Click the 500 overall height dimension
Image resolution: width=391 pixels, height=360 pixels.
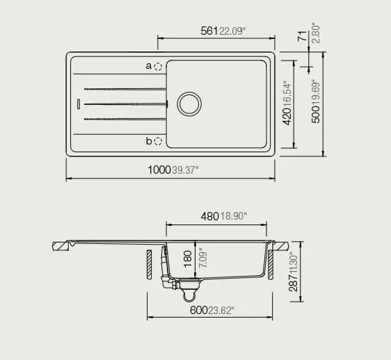coord(316,122)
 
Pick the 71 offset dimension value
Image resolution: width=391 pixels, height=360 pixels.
coord(303,38)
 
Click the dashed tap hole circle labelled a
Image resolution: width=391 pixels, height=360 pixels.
coord(159,67)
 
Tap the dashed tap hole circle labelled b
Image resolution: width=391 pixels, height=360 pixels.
coord(159,141)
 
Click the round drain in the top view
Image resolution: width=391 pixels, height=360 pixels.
coord(189,104)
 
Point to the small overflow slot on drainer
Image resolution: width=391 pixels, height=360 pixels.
coord(79,104)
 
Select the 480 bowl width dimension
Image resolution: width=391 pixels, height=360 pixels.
coord(209,216)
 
